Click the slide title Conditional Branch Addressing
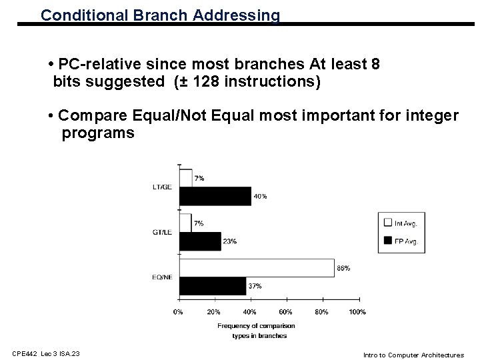point(160,15)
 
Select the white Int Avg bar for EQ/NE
point(257,268)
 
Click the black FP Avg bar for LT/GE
point(215,196)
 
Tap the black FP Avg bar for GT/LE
point(200,241)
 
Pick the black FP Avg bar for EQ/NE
point(213,286)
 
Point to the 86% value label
point(344,268)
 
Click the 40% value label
point(260,196)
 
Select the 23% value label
point(230,241)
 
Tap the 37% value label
point(255,286)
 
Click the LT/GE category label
point(162,187)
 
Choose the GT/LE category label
point(162,232)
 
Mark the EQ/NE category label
point(162,277)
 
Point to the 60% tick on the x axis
point(286,311)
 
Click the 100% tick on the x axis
point(357,311)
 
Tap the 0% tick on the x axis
point(179,311)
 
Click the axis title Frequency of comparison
point(256,325)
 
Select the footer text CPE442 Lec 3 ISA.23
point(46,354)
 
